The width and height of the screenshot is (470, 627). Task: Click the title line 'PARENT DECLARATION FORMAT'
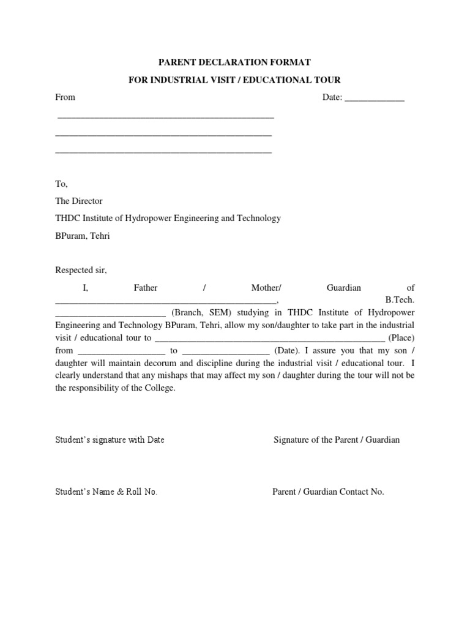click(235, 62)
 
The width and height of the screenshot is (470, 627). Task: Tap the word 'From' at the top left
click(65, 97)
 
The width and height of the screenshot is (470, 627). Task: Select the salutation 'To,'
click(61, 184)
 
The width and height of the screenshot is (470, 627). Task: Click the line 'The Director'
click(79, 201)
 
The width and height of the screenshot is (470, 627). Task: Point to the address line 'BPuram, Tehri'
click(83, 236)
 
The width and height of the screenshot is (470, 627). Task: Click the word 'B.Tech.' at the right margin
click(400, 300)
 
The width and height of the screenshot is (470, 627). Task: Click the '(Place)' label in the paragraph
click(401, 337)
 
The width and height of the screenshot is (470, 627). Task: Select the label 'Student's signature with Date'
click(110, 440)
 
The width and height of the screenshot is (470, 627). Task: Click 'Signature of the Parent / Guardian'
click(337, 440)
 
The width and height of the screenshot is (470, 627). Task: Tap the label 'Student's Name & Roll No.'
click(106, 492)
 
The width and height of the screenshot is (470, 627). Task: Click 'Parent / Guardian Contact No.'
click(328, 492)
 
